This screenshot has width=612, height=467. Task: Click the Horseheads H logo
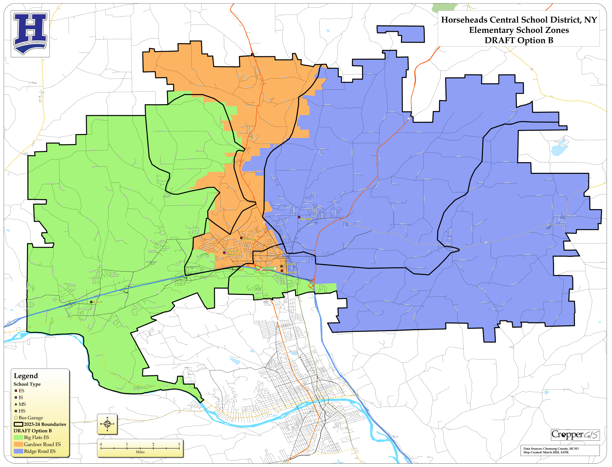[30, 34]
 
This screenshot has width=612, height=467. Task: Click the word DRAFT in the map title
[498, 40]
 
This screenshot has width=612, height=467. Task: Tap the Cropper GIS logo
[575, 434]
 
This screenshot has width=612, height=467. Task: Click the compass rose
[107, 424]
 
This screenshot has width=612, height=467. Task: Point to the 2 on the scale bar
[153, 444]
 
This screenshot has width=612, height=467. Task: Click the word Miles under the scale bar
[140, 452]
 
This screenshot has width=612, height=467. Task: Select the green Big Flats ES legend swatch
[19, 437]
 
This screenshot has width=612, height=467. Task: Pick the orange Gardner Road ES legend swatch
[19, 444]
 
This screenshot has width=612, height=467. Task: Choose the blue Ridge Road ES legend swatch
[19, 451]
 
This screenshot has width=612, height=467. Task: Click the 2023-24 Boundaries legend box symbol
[19, 424]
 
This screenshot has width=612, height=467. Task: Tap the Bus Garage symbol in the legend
[16, 417]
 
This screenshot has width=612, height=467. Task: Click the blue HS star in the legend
[16, 411]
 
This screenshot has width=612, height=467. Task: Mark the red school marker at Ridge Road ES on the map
[299, 217]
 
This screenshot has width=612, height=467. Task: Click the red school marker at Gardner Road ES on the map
[241, 238]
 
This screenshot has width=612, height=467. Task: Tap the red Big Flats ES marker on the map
[91, 302]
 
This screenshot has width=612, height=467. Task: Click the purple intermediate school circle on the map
[224, 253]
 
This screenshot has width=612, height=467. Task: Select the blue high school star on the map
[281, 266]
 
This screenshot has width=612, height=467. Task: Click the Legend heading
[26, 376]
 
